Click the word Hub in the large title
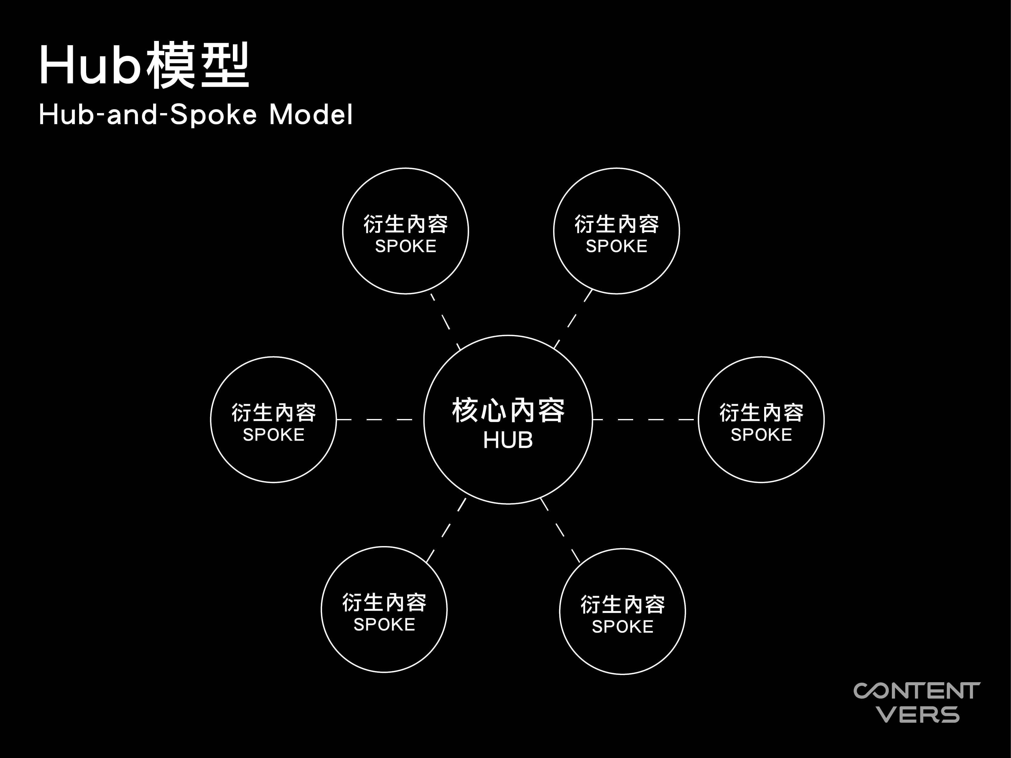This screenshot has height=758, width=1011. click(x=90, y=65)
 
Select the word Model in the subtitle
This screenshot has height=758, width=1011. click(x=311, y=114)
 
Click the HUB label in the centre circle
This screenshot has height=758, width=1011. click(x=508, y=440)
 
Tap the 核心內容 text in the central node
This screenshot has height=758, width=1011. click(x=508, y=410)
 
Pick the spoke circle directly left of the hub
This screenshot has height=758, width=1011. click(x=211, y=419)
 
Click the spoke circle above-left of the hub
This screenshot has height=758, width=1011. click(x=342, y=231)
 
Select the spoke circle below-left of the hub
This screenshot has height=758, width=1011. click(x=321, y=609)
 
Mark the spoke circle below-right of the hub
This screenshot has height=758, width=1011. click(x=559, y=611)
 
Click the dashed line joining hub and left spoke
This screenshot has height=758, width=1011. click(x=374, y=419)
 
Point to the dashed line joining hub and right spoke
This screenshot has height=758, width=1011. click(x=645, y=419)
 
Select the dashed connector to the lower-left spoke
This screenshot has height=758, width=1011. click(x=446, y=530)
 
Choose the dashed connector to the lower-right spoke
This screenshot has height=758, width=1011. click(x=560, y=530)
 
